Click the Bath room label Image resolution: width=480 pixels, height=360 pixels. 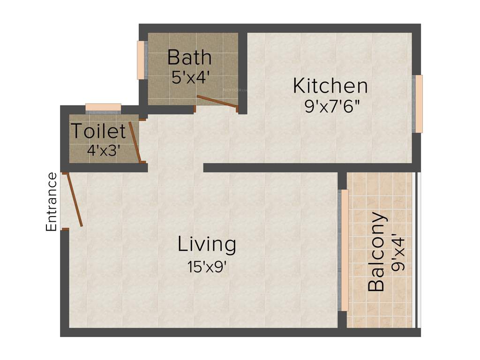pos(189,58)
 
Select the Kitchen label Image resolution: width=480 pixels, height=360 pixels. pos(330,86)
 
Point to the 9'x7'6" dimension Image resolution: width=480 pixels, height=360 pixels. pos(332,107)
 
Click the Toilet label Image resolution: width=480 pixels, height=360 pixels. pos(98,131)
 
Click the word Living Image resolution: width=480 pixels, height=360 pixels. pos(206,244)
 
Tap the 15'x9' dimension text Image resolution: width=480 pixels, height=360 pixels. pos(207,268)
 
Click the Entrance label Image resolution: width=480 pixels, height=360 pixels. pos(52,202)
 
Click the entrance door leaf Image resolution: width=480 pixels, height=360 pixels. pos(74,201)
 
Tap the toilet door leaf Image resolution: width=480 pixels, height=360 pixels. pos(135,141)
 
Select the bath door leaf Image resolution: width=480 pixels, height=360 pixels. pos(216,102)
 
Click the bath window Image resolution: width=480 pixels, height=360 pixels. pos(141,60)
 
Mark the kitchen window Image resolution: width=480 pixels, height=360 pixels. pos(419,104)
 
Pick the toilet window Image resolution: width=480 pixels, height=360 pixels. pos(103,107)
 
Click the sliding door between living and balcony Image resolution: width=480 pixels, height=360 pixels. pos(344,250)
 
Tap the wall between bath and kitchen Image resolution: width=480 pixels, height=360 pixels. pos(242,70)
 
